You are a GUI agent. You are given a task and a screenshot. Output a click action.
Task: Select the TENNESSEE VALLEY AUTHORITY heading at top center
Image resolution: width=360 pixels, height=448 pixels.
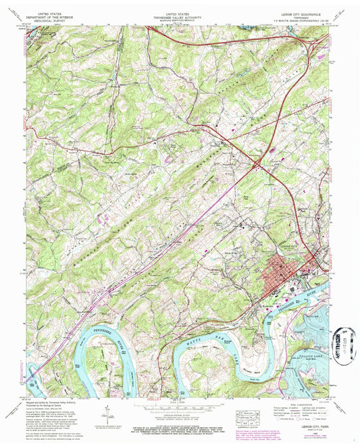(179, 16)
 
